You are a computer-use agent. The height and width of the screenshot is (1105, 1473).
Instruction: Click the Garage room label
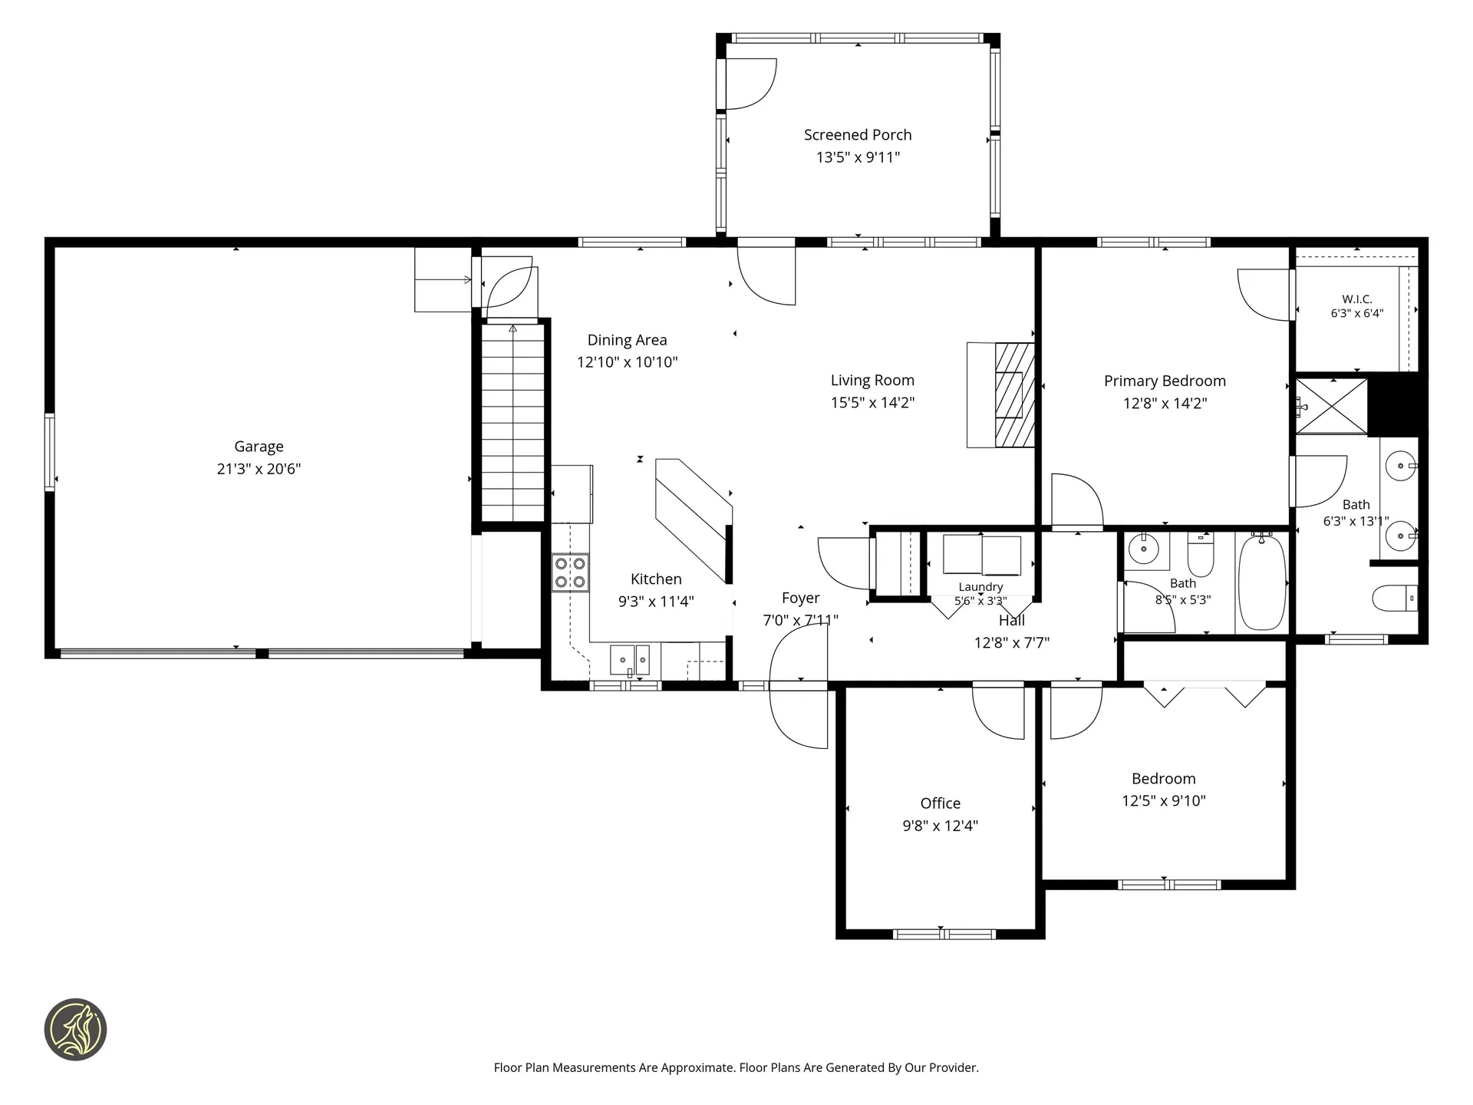pyautogui.click(x=259, y=447)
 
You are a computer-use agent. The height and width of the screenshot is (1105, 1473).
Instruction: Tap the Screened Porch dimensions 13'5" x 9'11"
pyautogui.click(x=858, y=157)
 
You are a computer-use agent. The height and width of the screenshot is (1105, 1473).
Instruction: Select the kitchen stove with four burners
pyautogui.click(x=571, y=572)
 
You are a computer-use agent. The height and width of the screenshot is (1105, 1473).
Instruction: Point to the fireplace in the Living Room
pyautogui.click(x=1000, y=394)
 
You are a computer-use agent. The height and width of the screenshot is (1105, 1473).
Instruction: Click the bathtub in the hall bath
pyautogui.click(x=1262, y=582)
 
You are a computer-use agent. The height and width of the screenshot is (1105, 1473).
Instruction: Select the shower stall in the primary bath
pyautogui.click(x=1332, y=406)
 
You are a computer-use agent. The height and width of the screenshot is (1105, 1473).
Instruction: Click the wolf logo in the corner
pyautogui.click(x=75, y=1030)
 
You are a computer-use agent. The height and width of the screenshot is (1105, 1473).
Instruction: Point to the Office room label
pyautogui.click(x=940, y=803)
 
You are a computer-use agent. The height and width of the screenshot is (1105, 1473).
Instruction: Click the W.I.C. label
pyautogui.click(x=1357, y=299)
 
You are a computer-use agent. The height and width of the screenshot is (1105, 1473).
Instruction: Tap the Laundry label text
pyautogui.click(x=980, y=587)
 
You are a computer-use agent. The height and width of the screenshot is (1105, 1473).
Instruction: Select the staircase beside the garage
pyautogui.click(x=512, y=423)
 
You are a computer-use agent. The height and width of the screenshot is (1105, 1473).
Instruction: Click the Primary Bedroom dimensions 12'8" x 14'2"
pyautogui.click(x=1165, y=404)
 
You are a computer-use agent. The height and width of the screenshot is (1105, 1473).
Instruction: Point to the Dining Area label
pyautogui.click(x=627, y=340)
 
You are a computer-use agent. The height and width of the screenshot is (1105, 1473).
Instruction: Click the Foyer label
pyautogui.click(x=800, y=599)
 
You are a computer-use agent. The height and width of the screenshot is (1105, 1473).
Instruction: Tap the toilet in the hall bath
pyautogui.click(x=1201, y=554)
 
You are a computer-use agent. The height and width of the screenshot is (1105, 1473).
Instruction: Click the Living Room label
pyautogui.click(x=872, y=381)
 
